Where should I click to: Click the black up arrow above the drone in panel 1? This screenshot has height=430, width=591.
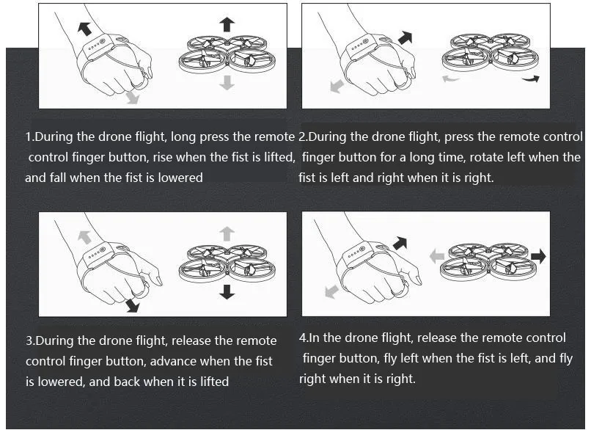[x=227, y=24]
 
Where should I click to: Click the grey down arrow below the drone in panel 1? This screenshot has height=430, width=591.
[x=227, y=82]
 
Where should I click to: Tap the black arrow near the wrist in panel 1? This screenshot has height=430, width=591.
[x=84, y=29]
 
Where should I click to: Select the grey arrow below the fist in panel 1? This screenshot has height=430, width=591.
[x=132, y=97]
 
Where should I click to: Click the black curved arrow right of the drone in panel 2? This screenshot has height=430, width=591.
[x=531, y=79]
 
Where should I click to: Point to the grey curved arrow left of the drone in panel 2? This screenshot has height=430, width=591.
[x=450, y=79]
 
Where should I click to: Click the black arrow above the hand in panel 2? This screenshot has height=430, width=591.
[x=405, y=37]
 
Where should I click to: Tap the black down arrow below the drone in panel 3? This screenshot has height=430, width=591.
[x=227, y=291]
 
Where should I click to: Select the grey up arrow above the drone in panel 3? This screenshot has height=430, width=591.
[x=227, y=234]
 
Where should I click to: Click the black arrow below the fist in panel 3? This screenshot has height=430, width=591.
[x=133, y=305]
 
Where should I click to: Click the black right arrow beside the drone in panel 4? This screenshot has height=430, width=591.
[x=538, y=256]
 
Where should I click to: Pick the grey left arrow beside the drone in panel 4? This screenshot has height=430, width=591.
[x=437, y=257]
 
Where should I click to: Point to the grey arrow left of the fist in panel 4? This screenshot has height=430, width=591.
[x=331, y=292]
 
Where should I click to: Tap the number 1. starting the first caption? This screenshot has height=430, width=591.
[x=30, y=136]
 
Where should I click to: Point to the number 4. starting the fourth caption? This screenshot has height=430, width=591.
[x=304, y=338]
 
